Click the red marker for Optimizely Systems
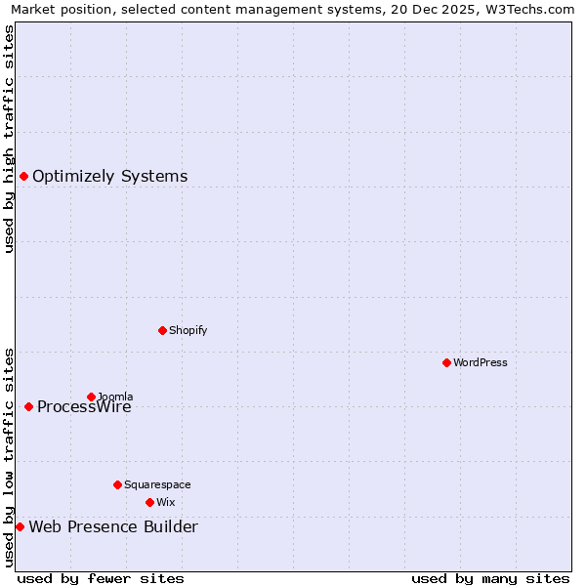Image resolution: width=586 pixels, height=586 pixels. pos(23,176)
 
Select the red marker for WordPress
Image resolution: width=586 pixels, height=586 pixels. pos(446,362)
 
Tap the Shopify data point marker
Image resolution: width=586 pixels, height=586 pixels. pos(162,330)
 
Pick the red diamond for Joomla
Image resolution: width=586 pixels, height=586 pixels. pos(91,397)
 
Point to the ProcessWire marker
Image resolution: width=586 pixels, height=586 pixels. pos(28,406)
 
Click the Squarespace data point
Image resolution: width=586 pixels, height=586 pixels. pos(117,484)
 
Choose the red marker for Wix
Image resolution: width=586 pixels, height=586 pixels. pos(149,502)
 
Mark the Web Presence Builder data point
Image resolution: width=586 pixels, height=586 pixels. pos(20,526)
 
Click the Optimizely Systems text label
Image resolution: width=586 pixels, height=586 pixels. pos(109,177)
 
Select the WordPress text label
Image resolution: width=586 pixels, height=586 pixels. pos(481,362)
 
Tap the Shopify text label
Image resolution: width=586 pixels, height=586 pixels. pos(188,330)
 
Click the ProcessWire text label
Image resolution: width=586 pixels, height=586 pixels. pos(84,407)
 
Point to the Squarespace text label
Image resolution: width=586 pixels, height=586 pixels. pos(157,484)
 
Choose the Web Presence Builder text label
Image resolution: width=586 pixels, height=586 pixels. pos(113,527)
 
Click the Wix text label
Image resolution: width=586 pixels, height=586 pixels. pos(165,502)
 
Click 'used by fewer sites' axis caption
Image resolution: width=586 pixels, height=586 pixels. pos(101,578)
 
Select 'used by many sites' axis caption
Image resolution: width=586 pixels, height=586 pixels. pos(490,578)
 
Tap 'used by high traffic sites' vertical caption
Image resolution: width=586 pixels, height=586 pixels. pos(10,139)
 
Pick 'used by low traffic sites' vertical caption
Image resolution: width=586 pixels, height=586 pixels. pos(10,457)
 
